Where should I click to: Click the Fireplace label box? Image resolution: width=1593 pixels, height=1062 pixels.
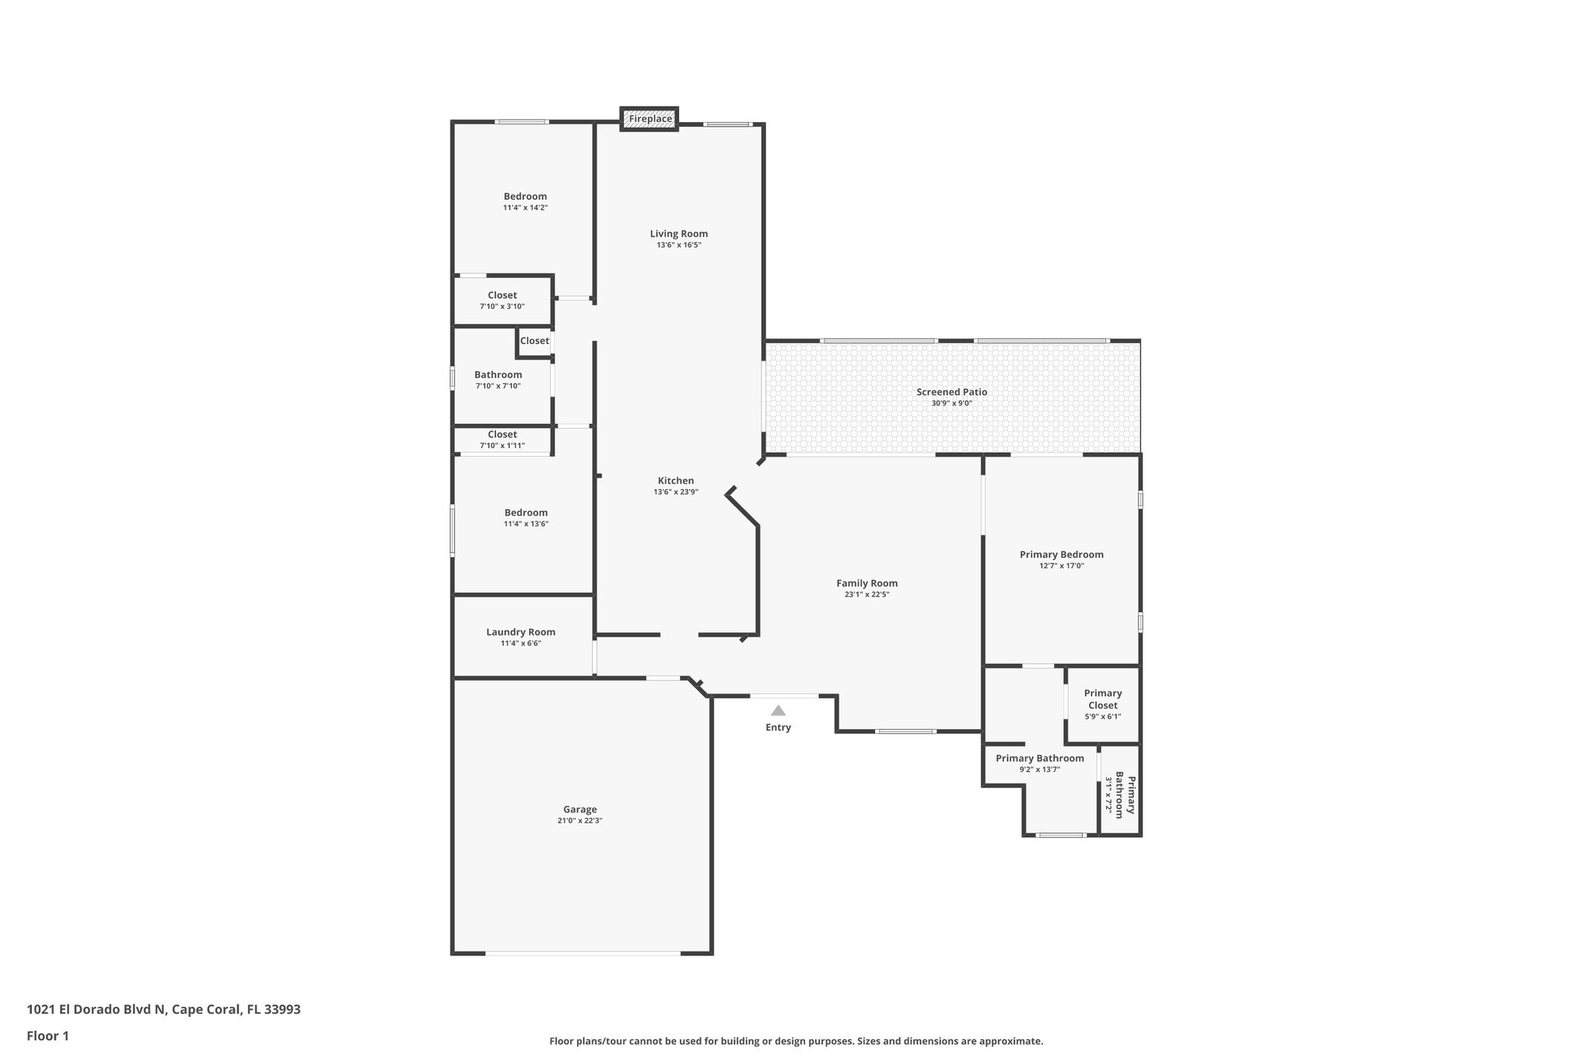649,119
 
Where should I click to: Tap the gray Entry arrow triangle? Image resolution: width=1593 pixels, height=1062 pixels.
778,710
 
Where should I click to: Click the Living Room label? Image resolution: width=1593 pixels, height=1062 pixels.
678,233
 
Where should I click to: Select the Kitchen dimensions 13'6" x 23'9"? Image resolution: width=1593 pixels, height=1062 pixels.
675,492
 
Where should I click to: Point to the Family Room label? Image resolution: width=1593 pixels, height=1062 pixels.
867,583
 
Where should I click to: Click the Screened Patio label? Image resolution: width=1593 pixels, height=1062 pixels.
951,392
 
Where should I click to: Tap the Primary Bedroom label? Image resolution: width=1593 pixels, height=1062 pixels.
1061,555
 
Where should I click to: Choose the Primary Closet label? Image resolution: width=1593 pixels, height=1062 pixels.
1102,699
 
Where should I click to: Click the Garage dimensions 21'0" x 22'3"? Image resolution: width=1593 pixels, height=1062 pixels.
579,821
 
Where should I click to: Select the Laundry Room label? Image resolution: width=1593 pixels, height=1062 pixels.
520,632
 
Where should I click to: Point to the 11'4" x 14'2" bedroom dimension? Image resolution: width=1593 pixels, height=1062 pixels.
525,208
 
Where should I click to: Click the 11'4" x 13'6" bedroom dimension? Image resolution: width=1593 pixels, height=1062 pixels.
526,524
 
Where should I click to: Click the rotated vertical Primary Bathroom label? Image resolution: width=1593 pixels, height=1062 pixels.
1125,795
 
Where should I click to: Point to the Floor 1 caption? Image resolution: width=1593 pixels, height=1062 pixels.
48,1036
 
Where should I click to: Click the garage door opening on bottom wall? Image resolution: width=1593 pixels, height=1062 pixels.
583,953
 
